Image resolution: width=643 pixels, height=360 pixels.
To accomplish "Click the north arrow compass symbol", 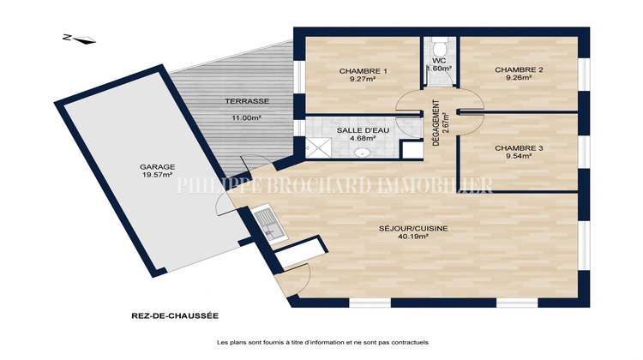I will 80,39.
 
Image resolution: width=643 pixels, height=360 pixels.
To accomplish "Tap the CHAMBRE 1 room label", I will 363,70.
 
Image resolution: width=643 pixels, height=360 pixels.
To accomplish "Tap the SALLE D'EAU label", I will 363,129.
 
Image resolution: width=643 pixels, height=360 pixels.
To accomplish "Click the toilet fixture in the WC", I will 441,49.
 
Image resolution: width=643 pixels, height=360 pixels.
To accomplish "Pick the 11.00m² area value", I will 245,119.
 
